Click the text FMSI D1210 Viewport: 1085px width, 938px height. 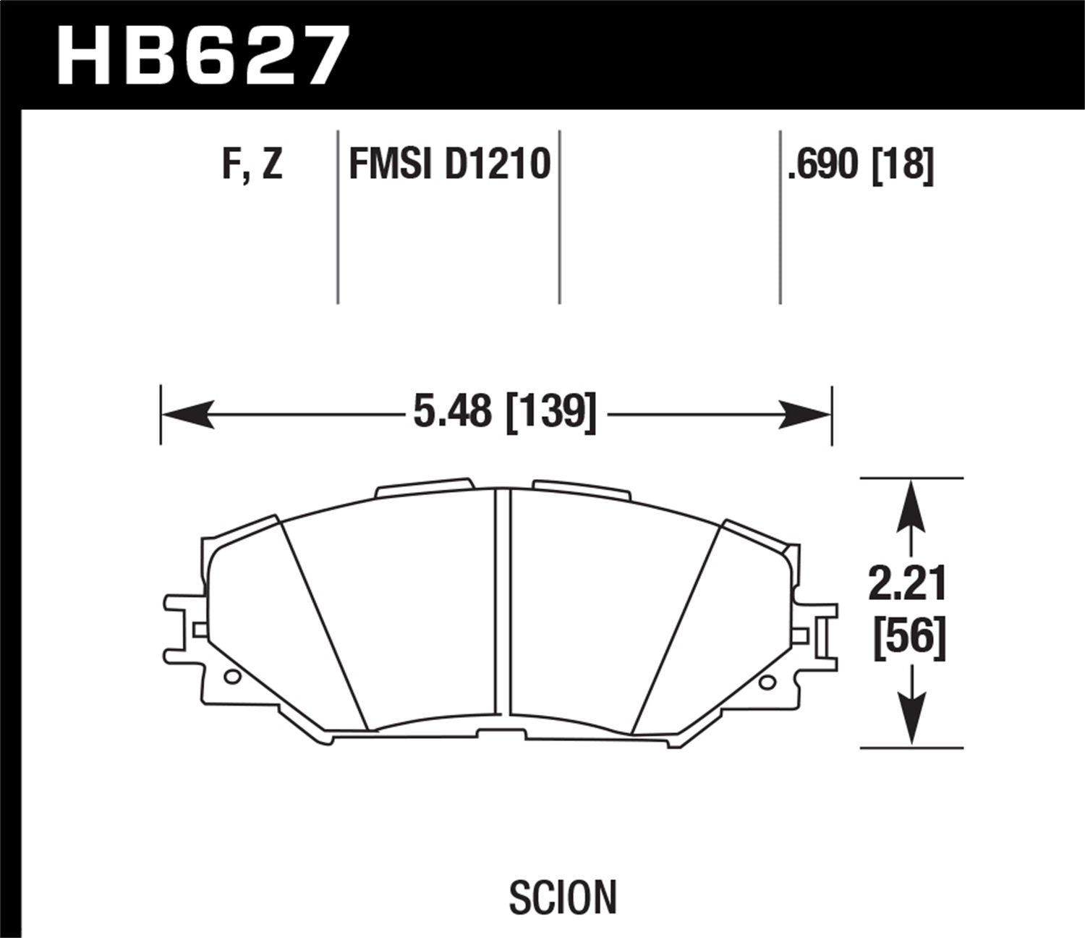449,164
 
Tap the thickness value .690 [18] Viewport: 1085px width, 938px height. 861,164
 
